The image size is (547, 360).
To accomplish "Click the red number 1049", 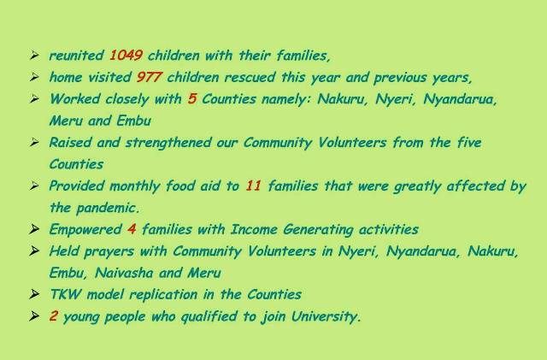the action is [126, 56].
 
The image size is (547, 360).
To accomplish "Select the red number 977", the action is [149, 77].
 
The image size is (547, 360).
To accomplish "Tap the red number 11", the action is [253, 186].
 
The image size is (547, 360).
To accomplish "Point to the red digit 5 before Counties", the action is [191, 98].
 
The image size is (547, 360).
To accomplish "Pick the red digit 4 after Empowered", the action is [132, 229].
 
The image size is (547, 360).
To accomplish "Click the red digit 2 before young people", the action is [53, 316].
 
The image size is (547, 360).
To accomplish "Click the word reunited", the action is [77, 56].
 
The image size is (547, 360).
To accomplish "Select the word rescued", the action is [250, 77].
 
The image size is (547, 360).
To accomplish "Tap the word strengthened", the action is [168, 143].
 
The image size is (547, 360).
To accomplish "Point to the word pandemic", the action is [108, 208].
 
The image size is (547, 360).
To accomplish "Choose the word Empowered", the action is [85, 230].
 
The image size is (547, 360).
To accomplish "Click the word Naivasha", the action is [124, 273].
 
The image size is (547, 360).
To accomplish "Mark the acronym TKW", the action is [65, 294].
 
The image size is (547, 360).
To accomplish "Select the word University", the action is [326, 316].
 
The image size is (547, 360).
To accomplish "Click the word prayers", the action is [109, 251].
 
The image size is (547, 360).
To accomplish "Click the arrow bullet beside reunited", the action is [34, 56].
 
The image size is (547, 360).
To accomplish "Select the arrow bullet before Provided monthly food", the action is [34, 186].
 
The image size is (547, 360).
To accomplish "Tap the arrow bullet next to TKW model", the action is [34, 294].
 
